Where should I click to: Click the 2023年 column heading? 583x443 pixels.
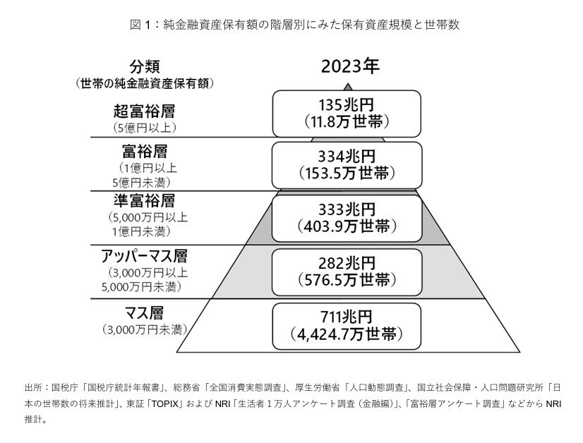(349, 67)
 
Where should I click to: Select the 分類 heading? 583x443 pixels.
(145, 67)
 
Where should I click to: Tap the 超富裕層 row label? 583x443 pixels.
(144, 111)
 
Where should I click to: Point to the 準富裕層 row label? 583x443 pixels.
(144, 200)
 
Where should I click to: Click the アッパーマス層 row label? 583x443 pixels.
(145, 255)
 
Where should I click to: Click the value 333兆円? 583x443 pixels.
(347, 210)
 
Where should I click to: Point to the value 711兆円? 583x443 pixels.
(347, 317)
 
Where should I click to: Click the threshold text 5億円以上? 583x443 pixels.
(144, 128)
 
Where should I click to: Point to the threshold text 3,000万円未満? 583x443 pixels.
(145, 329)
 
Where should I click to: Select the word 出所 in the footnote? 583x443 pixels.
(32, 387)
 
